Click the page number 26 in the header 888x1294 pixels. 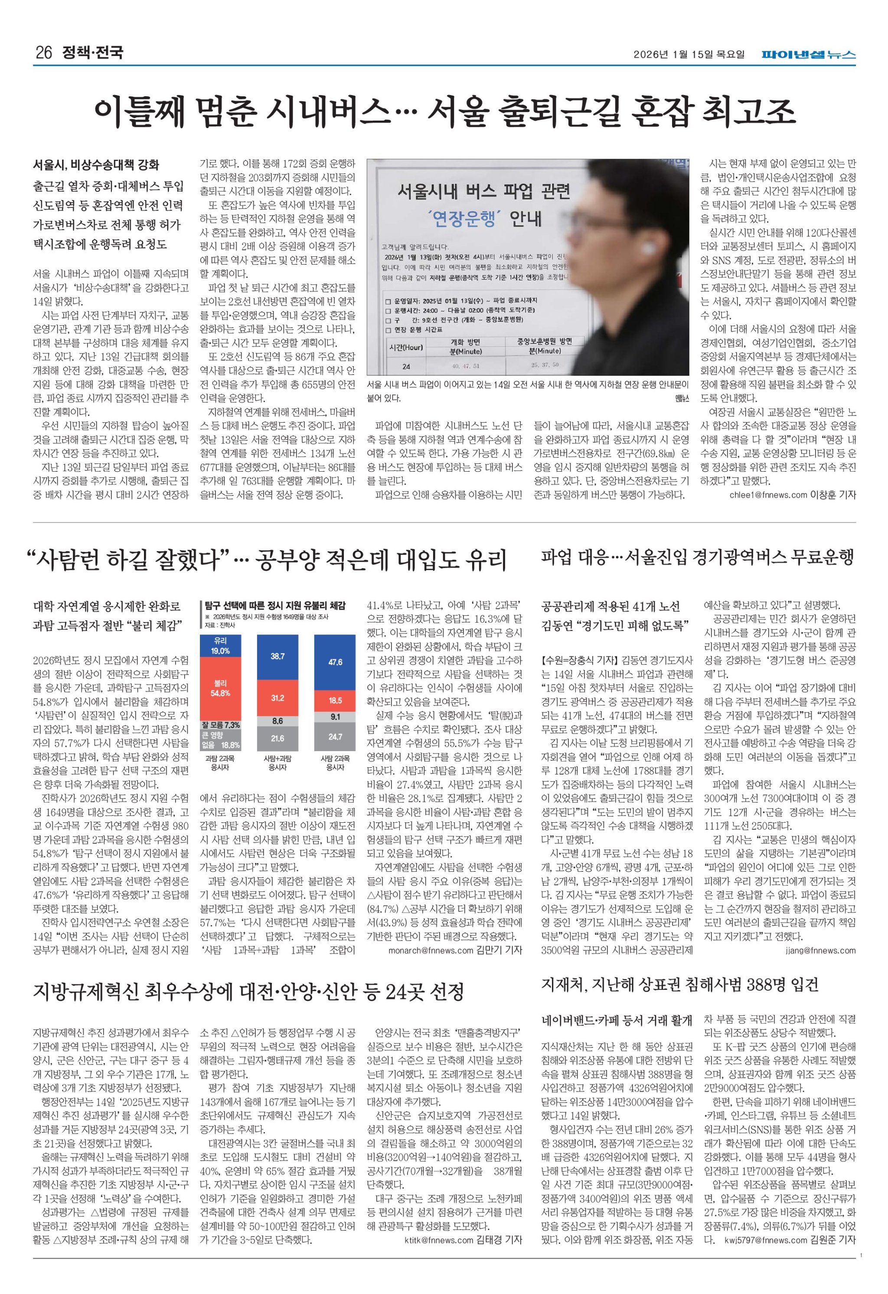click(43, 53)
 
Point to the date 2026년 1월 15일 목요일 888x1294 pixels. click(689, 54)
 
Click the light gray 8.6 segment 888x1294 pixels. click(277, 721)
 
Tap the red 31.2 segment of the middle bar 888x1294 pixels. click(277, 698)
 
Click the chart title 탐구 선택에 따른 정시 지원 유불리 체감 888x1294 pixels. click(275, 605)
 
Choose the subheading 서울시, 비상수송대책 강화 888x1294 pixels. click(96, 165)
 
